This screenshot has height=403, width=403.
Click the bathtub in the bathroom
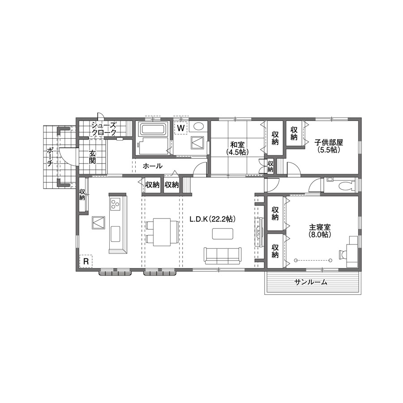pyautogui.click(x=153, y=129)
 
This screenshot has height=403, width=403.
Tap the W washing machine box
pyautogui.click(x=181, y=128)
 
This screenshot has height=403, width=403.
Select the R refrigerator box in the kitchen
pyautogui.click(x=86, y=262)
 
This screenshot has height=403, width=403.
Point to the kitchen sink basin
pyautogui.click(x=115, y=234)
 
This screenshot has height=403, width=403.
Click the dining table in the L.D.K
pyautogui.click(x=162, y=232)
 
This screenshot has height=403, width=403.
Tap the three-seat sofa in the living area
pyautogui.click(x=223, y=256)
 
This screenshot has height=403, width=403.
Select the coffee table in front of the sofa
pyautogui.click(x=223, y=234)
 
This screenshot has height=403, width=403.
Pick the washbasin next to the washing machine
pyautogui.click(x=198, y=126)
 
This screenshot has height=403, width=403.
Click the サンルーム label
pyautogui.click(x=311, y=282)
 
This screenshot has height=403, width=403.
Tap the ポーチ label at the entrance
pyautogui.click(x=50, y=157)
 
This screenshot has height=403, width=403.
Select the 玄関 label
pyautogui.click(x=92, y=157)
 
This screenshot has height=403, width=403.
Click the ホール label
pyautogui.click(x=153, y=166)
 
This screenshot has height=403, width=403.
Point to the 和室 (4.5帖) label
pyautogui.click(x=237, y=148)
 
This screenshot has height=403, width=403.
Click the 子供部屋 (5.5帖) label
pyautogui.click(x=329, y=146)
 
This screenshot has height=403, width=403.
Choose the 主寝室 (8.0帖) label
pyautogui.click(x=320, y=231)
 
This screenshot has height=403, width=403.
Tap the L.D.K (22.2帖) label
pyautogui.click(x=213, y=219)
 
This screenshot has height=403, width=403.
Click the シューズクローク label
pyautogui.click(x=104, y=129)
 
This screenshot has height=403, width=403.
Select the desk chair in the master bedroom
pyautogui.click(x=343, y=254)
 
